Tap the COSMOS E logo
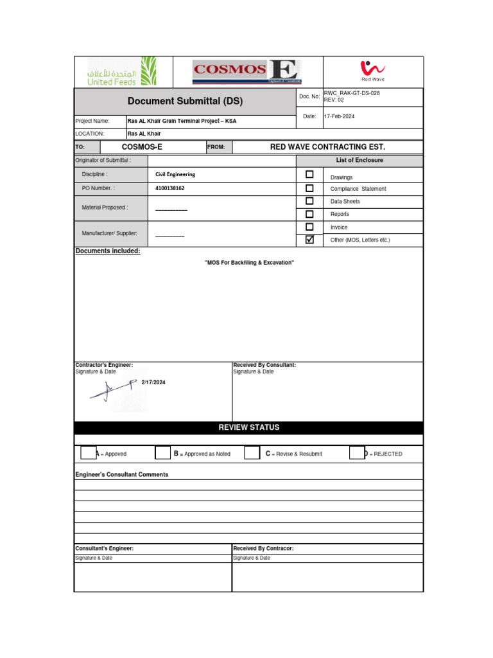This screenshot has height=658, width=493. point(247,71)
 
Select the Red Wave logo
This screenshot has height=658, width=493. point(372,71)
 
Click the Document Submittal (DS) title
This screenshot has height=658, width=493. point(185,102)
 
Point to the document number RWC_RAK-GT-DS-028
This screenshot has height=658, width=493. point(352,93)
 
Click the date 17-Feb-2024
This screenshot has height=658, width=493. point(339,116)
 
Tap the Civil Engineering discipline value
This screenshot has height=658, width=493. point(175,174)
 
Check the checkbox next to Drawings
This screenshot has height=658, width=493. point(309,174)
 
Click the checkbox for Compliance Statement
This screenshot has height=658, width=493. point(309,188)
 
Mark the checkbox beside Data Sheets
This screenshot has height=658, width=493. point(309,201)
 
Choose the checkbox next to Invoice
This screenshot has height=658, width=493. point(309,227)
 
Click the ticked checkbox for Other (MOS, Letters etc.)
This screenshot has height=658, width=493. point(309,240)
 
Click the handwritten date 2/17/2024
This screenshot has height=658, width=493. point(153,382)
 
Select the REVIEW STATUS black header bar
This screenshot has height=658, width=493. point(249,427)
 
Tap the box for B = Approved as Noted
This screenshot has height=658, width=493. point(163,453)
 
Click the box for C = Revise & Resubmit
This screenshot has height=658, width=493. point(252,453)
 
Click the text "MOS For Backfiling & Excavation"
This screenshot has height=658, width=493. point(249,263)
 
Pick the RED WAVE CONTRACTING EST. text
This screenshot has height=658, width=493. point(327,147)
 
